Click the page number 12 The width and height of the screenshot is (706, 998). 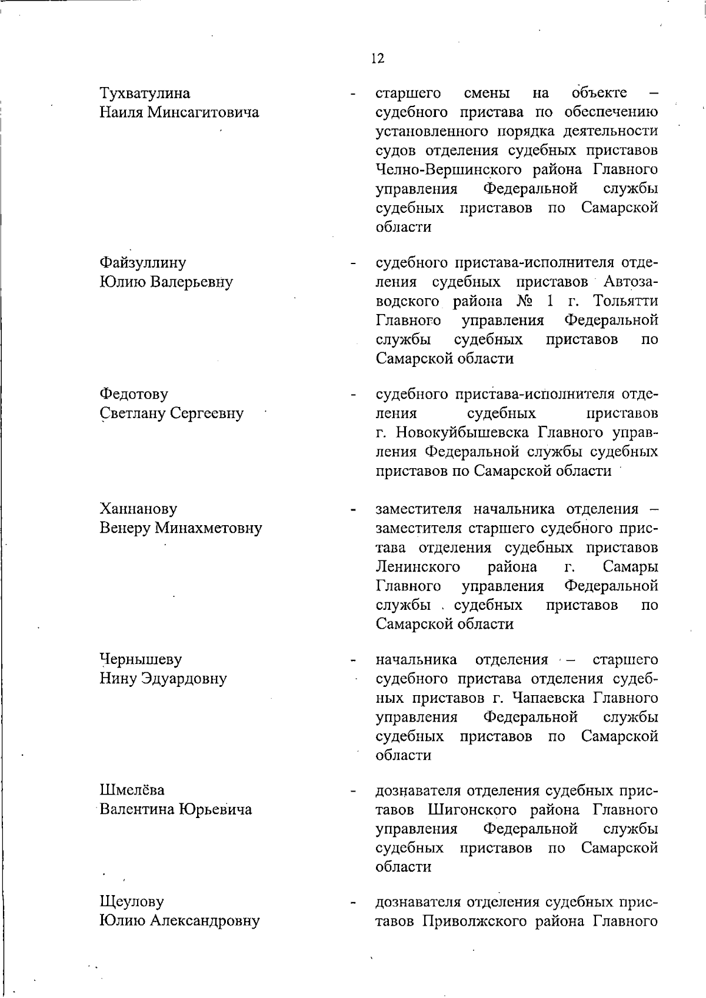click(x=378, y=58)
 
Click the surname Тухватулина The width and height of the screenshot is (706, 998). click(x=145, y=93)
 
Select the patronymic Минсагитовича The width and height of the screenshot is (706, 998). click(x=202, y=112)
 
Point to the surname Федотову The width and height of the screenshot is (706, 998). click(x=134, y=393)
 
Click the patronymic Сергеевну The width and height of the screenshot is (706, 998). click(x=207, y=413)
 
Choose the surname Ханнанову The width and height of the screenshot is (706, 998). click(x=138, y=508)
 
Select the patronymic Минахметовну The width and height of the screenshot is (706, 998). click(x=208, y=528)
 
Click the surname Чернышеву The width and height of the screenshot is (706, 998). click(x=141, y=659)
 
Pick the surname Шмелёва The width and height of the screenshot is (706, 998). click(x=132, y=790)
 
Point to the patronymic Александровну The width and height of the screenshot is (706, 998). click(x=205, y=920)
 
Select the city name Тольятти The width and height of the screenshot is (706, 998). click(x=625, y=301)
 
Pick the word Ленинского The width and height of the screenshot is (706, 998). click(x=417, y=566)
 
